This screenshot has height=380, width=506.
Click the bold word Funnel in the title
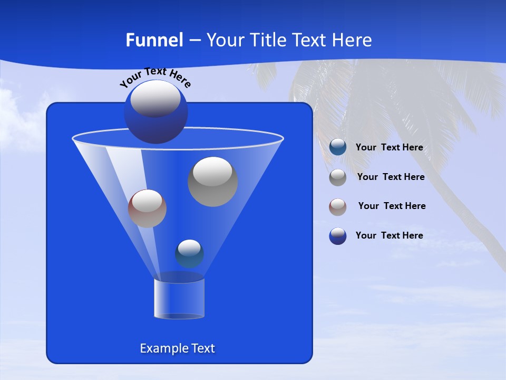pos(154,40)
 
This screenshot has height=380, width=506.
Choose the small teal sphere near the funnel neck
pos(189,254)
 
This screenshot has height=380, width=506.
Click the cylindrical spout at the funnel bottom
pos(179,299)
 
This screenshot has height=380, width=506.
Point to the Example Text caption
pos(178,348)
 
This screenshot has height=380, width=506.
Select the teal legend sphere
pos(338,147)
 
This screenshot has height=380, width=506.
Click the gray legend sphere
pos(338,177)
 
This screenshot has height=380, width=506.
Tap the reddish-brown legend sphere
pos(338,207)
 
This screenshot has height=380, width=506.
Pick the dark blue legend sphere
pos(338,236)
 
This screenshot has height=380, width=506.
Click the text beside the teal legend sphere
pos(389,148)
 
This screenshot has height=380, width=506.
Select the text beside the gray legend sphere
pos(391,177)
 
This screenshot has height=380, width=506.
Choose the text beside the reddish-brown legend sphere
pos(392,206)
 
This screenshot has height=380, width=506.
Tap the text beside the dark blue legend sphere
pos(389,235)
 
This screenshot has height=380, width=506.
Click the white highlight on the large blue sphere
pos(155,99)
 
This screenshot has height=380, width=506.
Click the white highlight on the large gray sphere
pos(212,172)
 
